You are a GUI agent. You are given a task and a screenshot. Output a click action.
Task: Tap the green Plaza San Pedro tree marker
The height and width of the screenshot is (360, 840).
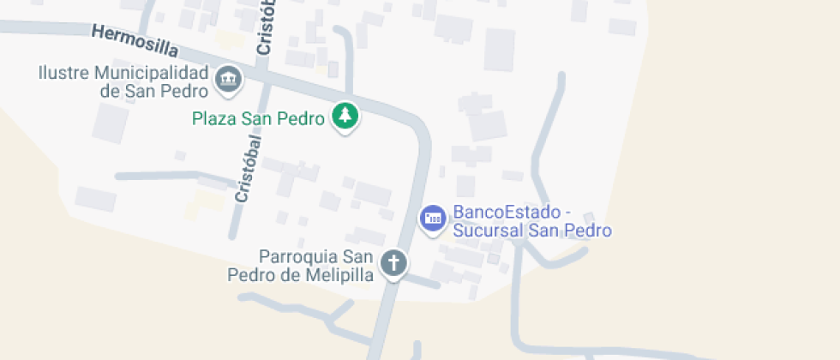tap(345, 116)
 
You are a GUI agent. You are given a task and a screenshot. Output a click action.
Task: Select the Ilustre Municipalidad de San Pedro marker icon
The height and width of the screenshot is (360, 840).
tap(229, 81)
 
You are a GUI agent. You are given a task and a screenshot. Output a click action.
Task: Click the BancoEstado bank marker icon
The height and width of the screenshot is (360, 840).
tap(433, 217)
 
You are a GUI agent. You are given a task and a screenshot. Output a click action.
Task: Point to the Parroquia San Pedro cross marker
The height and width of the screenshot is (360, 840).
tap(393, 262)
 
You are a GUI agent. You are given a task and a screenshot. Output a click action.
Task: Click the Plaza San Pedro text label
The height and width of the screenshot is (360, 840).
tap(258, 118)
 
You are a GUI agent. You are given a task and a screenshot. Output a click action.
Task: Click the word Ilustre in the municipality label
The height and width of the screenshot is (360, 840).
tap(63, 72)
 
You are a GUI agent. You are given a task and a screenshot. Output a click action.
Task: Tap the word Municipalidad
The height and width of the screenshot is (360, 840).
tap(151, 72)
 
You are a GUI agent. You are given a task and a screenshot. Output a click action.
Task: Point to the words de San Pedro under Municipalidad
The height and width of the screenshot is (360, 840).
tap(154, 91)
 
